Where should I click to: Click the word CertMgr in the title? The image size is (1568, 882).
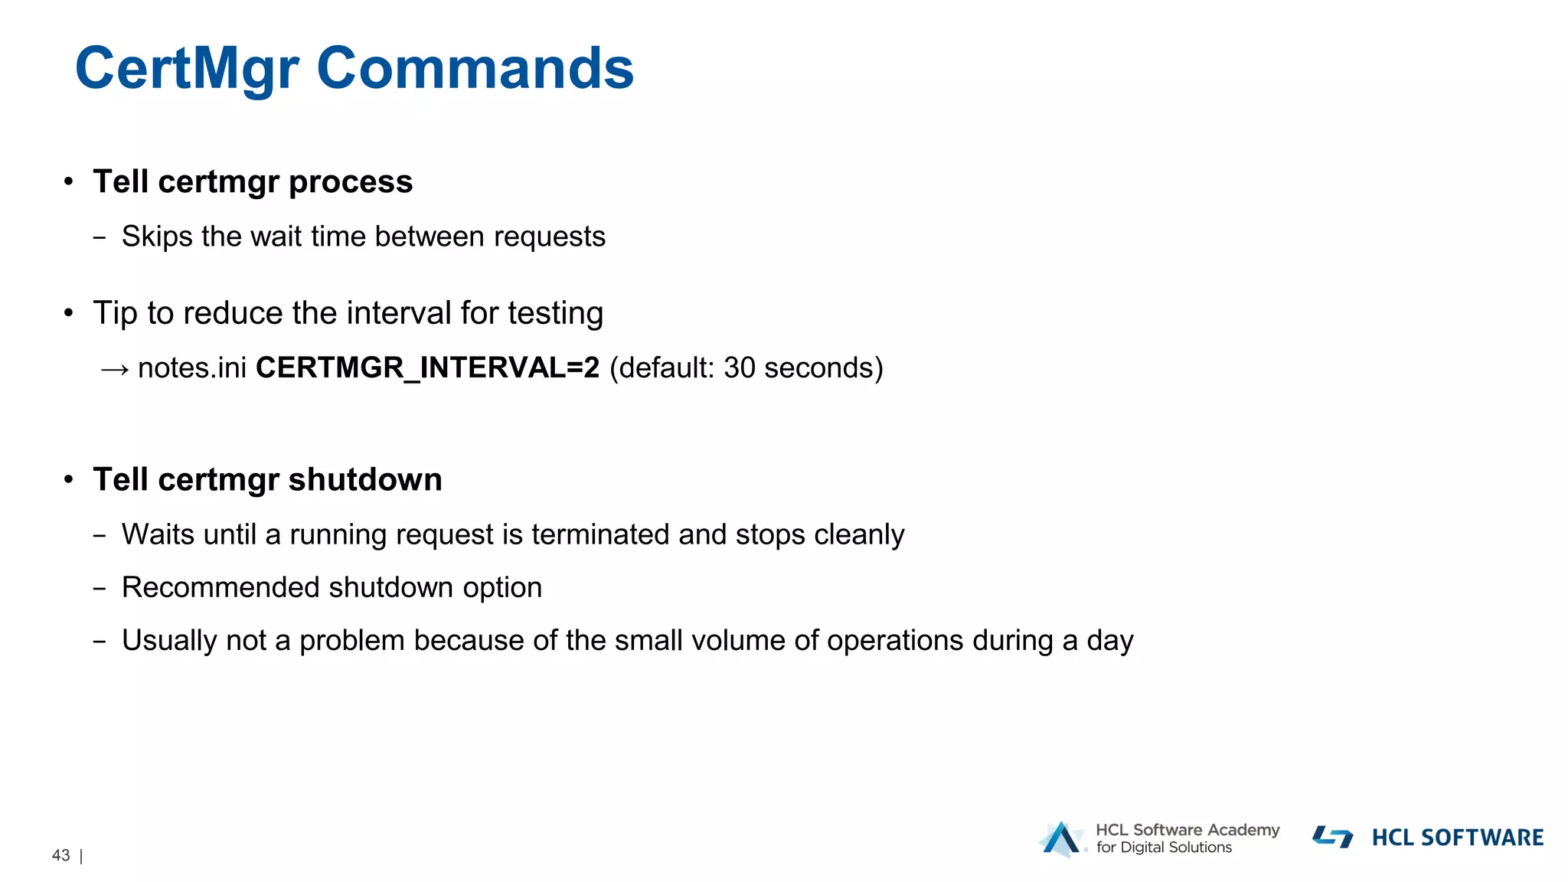pos(187,69)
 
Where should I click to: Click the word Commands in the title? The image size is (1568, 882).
pos(475,69)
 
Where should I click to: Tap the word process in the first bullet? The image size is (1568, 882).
pos(351,182)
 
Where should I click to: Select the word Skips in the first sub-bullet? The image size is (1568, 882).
pos(157,237)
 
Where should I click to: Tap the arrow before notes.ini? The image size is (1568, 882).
pos(115,369)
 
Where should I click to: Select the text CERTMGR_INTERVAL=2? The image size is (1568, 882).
pos(427,368)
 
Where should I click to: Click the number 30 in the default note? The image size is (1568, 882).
pos(740,368)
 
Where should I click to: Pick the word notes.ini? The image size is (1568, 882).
pos(192,368)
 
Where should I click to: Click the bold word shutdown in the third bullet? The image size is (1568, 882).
pos(365,480)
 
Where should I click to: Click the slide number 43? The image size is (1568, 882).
pos(61,855)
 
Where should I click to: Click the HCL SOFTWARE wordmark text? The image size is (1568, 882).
pos(1457,838)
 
